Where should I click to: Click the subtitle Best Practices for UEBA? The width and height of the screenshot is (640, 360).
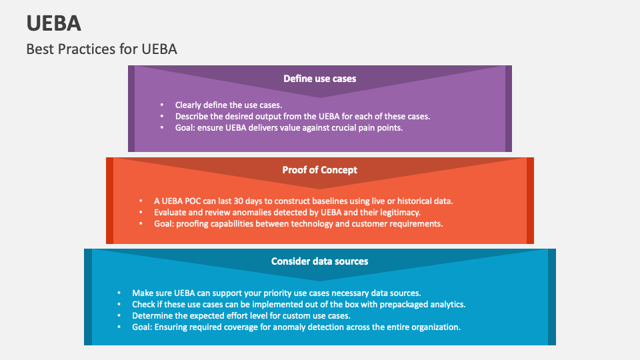(102, 49)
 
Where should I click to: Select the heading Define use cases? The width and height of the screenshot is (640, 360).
(319, 79)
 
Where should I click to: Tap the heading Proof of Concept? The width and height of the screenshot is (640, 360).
(319, 170)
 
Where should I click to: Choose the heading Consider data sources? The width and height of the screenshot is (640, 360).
(319, 261)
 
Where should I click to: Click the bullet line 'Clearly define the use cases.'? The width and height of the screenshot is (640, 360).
(229, 105)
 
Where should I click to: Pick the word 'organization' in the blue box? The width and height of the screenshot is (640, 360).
(434, 327)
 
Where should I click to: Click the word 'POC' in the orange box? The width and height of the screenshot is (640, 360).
(193, 201)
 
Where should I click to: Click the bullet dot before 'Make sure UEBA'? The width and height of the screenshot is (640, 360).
(119, 293)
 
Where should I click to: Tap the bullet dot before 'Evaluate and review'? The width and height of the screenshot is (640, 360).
(140, 212)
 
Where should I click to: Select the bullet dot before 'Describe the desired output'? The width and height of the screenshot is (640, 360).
(162, 116)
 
